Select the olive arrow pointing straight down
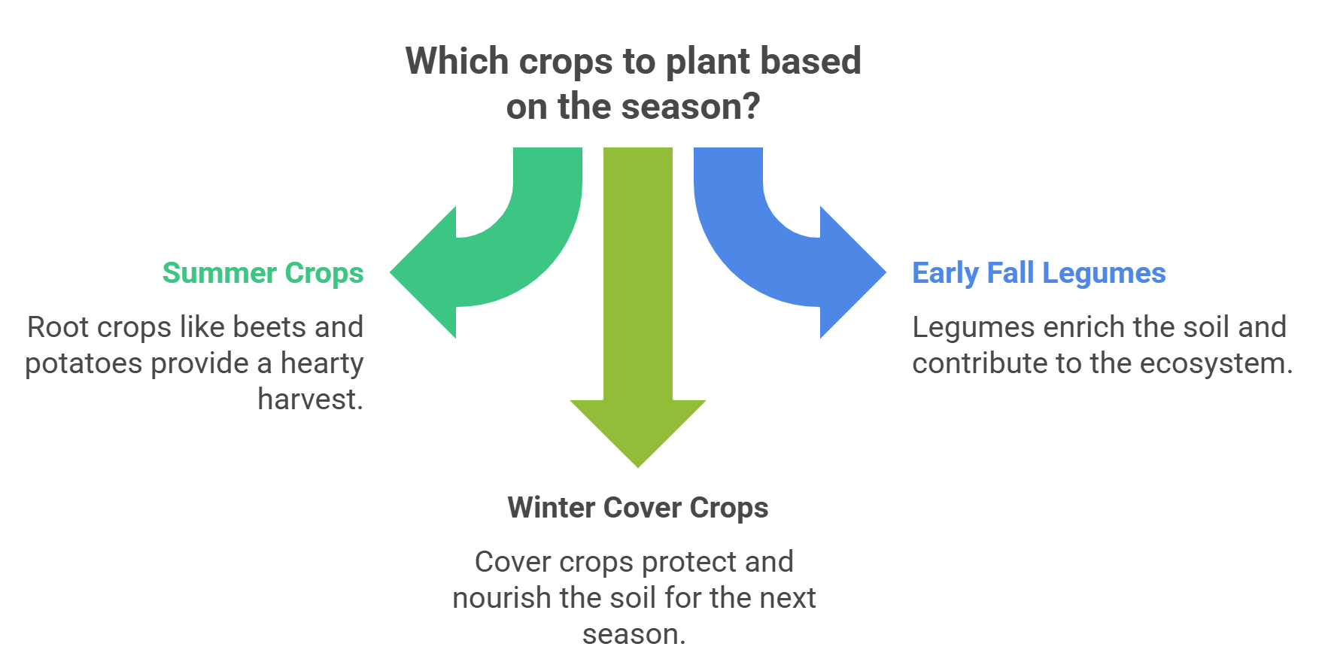point(638,301)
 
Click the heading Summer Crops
point(263,273)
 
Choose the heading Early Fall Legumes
point(1039,273)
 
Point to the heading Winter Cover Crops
point(638,508)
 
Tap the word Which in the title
point(457,61)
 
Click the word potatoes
point(82,364)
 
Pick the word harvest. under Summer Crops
point(311,399)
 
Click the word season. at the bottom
point(634,635)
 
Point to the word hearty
point(322,364)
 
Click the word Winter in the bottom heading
point(552,508)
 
